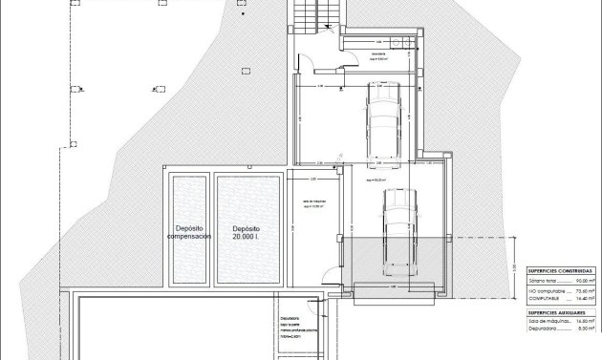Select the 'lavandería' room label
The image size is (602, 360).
380,53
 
